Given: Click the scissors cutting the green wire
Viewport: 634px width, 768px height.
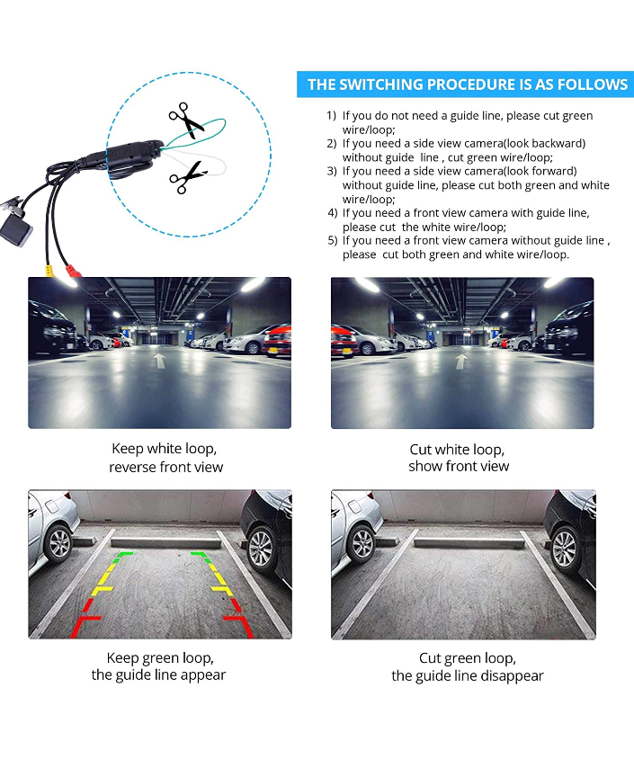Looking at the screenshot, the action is click(186, 120).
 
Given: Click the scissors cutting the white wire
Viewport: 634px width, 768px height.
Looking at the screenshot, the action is click(188, 177).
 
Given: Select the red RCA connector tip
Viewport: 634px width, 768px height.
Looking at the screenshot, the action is click(74, 271).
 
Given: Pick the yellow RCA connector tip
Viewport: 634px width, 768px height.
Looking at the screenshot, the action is click(49, 271).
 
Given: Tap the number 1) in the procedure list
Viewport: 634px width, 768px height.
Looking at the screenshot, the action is click(332, 116).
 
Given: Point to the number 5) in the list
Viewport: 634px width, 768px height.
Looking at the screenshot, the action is click(333, 240).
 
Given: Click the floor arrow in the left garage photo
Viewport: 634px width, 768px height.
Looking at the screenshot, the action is click(160, 361).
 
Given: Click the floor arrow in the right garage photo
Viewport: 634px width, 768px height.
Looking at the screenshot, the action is click(460, 362).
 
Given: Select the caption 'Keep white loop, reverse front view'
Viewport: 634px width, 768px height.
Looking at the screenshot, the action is click(165, 458).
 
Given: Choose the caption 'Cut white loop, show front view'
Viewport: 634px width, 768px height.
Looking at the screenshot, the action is click(459, 458).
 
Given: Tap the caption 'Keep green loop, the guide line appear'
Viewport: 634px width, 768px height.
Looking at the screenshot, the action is click(158, 666).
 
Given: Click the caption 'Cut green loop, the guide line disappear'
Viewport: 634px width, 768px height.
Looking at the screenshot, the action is click(468, 666).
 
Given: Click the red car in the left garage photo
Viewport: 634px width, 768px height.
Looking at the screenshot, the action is click(277, 341).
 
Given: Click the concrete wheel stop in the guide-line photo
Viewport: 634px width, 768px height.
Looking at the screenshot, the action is click(165, 542).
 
